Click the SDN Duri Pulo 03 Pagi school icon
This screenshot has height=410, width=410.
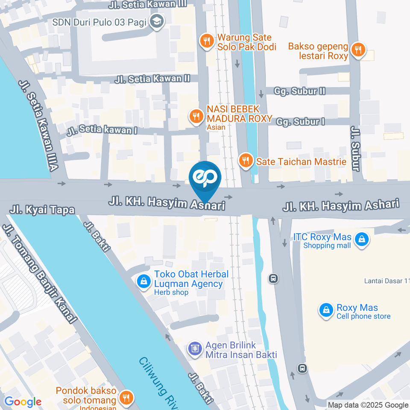[x=157, y=20]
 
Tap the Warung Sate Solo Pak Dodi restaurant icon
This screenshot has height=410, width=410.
[x=207, y=41]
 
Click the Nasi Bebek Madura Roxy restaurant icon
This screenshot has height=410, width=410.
[x=196, y=116]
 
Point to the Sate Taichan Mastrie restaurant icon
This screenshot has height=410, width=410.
[x=245, y=161]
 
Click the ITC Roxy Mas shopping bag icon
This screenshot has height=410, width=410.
[x=362, y=240]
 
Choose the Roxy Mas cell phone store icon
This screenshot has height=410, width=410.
[x=326, y=311]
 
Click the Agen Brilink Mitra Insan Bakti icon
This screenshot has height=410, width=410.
[x=195, y=349]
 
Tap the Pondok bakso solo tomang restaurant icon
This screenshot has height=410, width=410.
[x=126, y=398]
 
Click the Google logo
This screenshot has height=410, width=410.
[x=23, y=402]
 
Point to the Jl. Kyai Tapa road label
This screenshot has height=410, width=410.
[x=42, y=210]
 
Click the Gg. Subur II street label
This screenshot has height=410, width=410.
[x=300, y=91]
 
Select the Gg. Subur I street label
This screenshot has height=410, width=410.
[x=300, y=122]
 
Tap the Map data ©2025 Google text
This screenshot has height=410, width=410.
[x=368, y=405]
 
